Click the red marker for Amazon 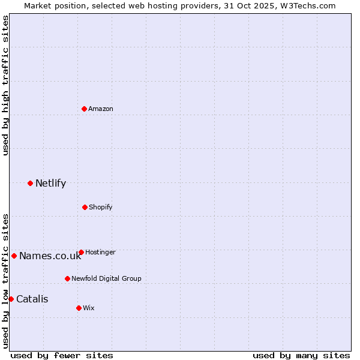84,109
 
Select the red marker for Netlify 30,183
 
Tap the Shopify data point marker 85,207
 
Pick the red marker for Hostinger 81,252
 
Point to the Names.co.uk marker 14,256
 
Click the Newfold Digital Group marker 67,278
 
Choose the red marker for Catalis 11,299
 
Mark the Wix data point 79,308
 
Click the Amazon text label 101,109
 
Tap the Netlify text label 50,183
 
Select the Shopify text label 101,207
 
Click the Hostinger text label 100,252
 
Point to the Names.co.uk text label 50,256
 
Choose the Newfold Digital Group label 106,278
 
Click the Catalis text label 32,299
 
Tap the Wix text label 89,308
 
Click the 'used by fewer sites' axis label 62,355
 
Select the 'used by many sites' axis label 301,355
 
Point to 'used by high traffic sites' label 5,85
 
